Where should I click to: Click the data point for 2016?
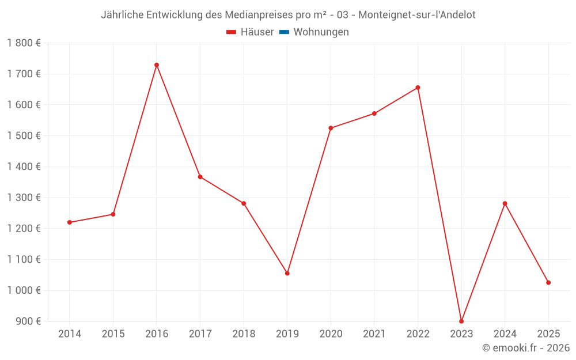click(157, 65)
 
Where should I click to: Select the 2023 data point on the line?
click(461, 321)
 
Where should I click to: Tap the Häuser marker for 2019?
click(287, 273)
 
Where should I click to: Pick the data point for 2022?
click(418, 88)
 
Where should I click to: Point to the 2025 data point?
click(548, 283)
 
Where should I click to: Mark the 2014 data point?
click(70, 222)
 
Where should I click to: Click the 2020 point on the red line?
click(331, 128)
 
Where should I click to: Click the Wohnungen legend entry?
click(321, 32)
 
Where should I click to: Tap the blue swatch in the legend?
click(284, 32)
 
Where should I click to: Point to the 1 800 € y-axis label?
click(24, 43)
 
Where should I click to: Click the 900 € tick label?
click(28, 321)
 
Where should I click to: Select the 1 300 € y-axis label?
click(24, 198)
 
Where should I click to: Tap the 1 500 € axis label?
click(24, 136)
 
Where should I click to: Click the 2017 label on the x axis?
click(200, 334)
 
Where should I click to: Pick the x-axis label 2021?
click(374, 334)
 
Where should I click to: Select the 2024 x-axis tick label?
click(505, 334)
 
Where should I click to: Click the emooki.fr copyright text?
click(526, 348)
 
